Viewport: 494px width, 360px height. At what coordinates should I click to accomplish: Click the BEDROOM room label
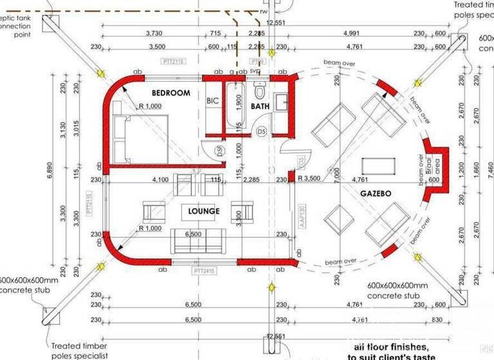click(166, 93)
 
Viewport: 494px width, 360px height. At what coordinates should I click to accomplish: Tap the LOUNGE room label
click(204, 211)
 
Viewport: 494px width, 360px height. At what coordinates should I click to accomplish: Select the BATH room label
click(261, 106)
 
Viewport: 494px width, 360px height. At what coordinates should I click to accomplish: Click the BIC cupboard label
click(213, 101)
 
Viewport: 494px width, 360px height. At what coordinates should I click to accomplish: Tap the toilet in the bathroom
click(260, 89)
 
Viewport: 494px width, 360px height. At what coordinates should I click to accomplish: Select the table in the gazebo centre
click(379, 166)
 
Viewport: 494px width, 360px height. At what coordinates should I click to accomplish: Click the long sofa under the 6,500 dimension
click(198, 241)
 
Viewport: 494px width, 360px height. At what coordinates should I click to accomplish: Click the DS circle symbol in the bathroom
click(261, 132)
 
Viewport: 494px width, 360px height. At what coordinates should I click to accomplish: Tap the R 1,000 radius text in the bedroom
click(150, 107)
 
